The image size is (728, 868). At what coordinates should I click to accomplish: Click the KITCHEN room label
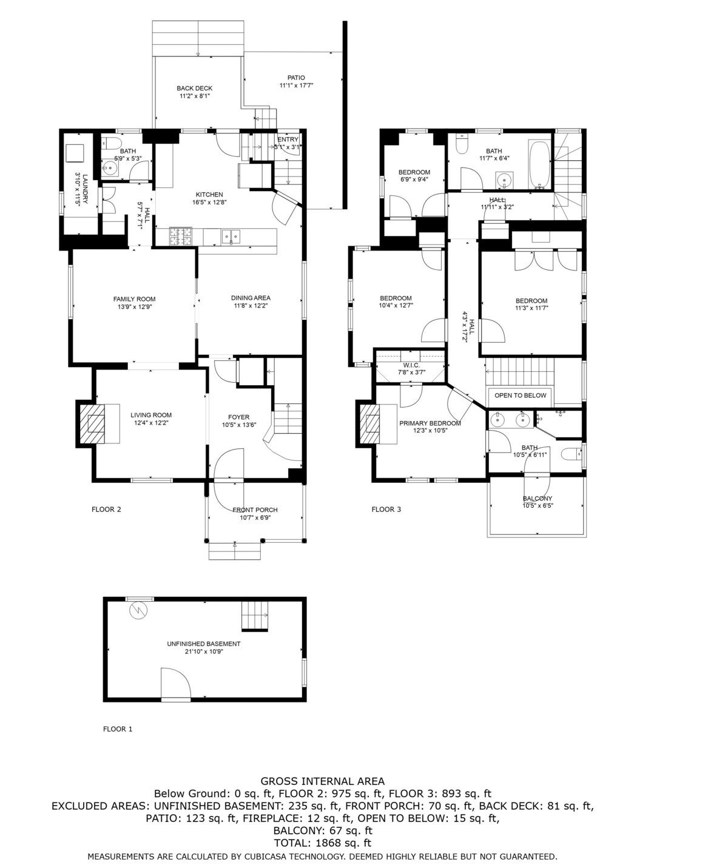(209, 195)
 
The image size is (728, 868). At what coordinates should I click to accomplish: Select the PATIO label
(296, 78)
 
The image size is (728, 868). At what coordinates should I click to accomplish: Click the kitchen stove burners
(180, 237)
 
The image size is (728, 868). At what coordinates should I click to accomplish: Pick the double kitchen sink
(231, 237)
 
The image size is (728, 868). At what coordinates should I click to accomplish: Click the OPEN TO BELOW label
(520, 395)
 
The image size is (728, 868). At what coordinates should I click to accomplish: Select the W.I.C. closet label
(411, 365)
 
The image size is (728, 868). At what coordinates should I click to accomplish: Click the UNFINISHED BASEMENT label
(204, 644)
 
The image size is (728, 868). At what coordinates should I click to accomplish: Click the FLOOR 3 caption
(386, 510)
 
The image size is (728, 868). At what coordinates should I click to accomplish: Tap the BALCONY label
(538, 499)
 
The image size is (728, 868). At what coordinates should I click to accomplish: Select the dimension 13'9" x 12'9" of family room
(134, 307)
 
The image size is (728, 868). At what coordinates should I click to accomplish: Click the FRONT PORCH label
(255, 510)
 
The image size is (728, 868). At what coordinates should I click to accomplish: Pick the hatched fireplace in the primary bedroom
(370, 423)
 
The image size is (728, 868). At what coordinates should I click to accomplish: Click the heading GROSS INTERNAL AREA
(323, 781)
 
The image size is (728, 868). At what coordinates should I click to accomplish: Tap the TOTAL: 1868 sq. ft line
(323, 843)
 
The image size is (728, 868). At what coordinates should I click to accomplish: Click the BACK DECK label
(195, 88)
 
